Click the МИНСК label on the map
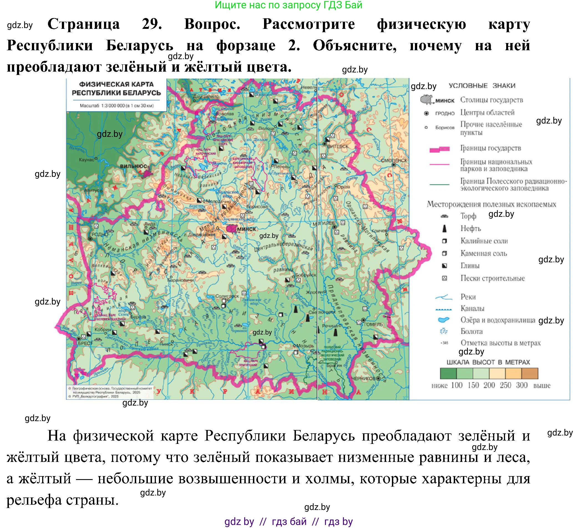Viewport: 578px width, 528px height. pyautogui.click(x=247, y=229)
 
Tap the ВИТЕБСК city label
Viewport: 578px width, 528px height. pyautogui.click(x=338, y=146)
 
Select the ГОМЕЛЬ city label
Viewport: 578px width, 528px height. pyautogui.click(x=374, y=324)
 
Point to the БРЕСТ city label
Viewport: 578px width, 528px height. pyautogui.click(x=85, y=343)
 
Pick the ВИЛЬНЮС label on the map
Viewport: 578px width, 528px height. pyautogui.click(x=133, y=166)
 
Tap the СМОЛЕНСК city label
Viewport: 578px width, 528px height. pyautogui.click(x=394, y=160)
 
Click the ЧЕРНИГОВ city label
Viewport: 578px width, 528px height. pyautogui.click(x=363, y=378)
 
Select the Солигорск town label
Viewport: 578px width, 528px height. pyautogui.click(x=227, y=296)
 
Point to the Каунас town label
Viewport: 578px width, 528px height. pyautogui.click(x=86, y=160)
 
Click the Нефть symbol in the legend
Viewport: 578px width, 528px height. pyautogui.click(x=444, y=228)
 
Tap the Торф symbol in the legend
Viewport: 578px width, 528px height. pyautogui.click(x=444, y=216)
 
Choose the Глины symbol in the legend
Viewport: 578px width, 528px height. pyautogui.click(x=444, y=266)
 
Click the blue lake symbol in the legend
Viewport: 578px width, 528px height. pyautogui.click(x=443, y=320)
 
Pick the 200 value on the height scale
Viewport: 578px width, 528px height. pyautogui.click(x=489, y=385)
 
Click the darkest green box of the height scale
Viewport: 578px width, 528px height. pyautogui.click(x=448, y=373)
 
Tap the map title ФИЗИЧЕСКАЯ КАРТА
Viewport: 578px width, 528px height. pyautogui.click(x=116, y=84)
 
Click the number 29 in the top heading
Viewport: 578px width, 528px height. pyautogui.click(x=152, y=24)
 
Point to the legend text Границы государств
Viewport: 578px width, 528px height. pyautogui.click(x=491, y=148)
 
